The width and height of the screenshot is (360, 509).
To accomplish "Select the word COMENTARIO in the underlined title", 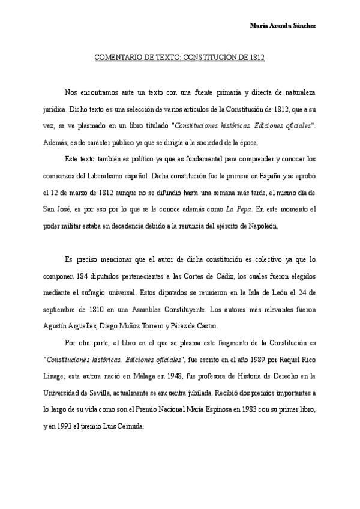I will (x=115, y=59).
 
